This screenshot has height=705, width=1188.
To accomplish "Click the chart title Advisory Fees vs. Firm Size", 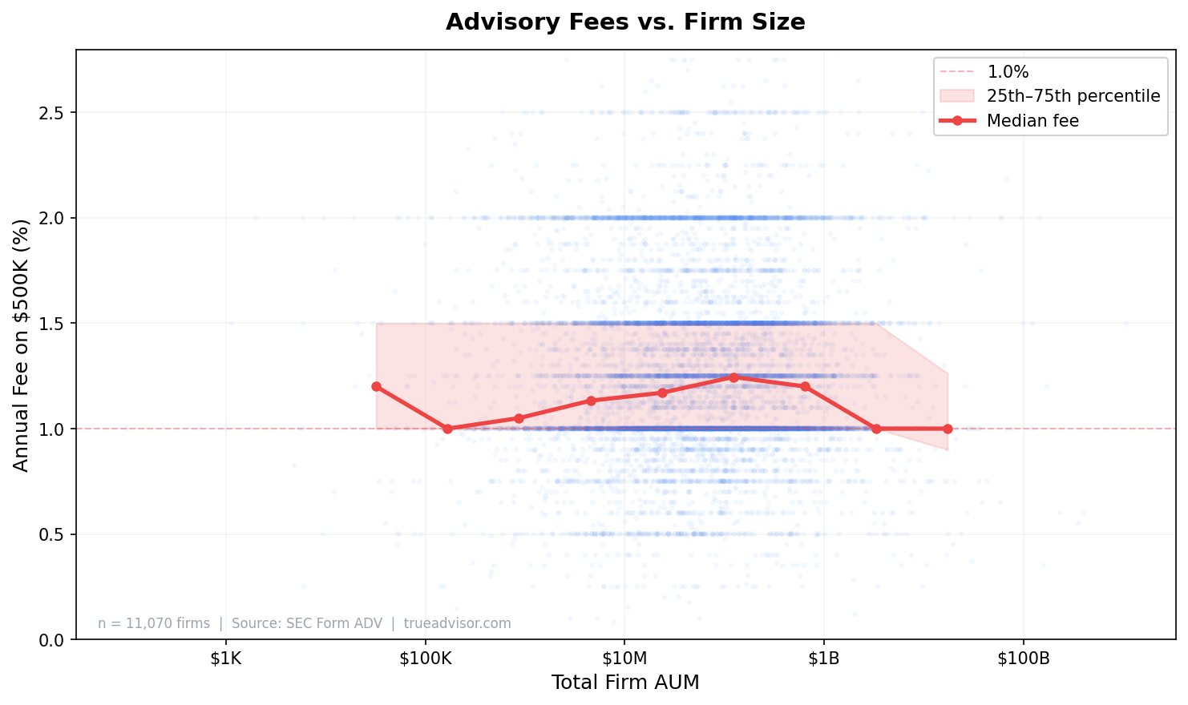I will click(x=625, y=22).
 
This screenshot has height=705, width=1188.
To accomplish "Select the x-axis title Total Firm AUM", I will click(x=625, y=683).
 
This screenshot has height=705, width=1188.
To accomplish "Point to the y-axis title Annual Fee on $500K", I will click(x=22, y=344).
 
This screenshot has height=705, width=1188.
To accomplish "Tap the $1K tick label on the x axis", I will click(x=225, y=659).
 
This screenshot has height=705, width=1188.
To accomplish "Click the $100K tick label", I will click(x=425, y=659).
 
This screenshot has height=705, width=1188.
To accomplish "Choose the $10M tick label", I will click(x=624, y=659).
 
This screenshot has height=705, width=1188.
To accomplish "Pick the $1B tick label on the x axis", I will click(x=823, y=659).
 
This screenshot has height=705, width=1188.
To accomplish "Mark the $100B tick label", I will click(x=1023, y=659).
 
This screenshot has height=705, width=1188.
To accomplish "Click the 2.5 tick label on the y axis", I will click(x=53, y=112).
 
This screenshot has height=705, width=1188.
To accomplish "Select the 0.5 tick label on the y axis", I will click(x=53, y=534).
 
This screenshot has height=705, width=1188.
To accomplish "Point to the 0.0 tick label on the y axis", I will click(x=53, y=640).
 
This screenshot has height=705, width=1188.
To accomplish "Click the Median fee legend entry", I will click(x=1032, y=121).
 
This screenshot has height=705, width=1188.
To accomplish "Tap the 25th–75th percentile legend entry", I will click(x=1073, y=96).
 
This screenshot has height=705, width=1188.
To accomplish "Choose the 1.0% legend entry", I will click(x=1008, y=72).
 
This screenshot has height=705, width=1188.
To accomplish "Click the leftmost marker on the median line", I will click(x=377, y=386).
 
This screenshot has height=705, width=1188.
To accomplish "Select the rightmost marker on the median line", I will click(x=948, y=429).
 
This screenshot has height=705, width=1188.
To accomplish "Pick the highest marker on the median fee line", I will click(x=733, y=377).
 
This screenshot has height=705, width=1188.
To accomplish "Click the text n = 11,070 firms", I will click(x=154, y=623).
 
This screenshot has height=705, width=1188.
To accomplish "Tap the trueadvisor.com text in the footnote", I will click(x=457, y=623).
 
